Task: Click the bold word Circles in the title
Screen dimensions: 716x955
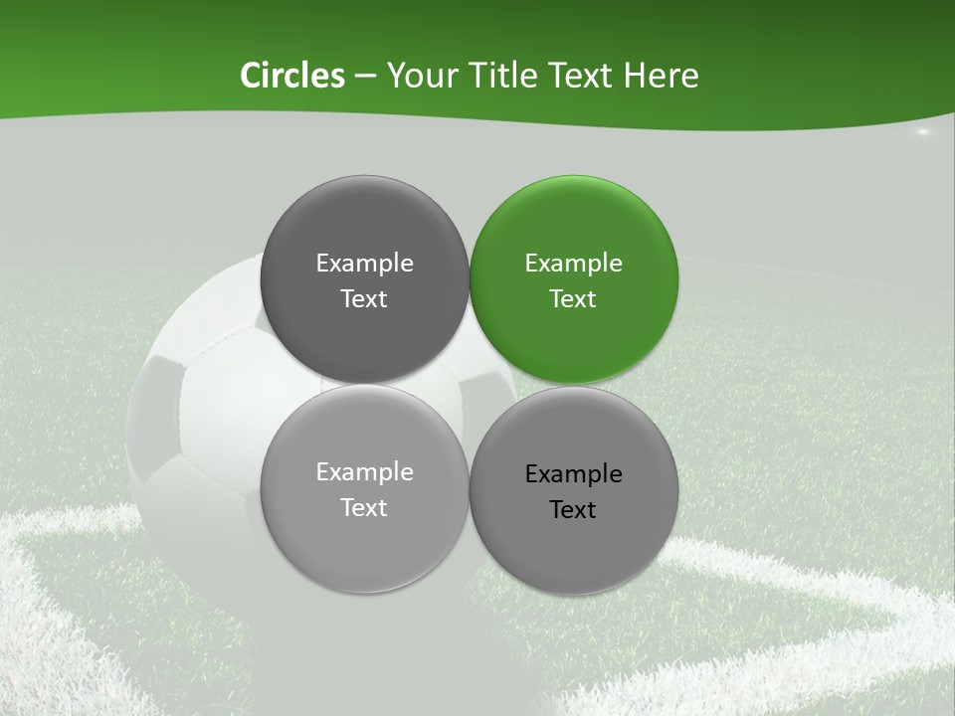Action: (x=292, y=76)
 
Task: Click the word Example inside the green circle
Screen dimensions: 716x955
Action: (x=573, y=264)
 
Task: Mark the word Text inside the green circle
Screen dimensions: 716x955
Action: (x=573, y=299)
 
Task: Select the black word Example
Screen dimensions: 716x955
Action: (x=573, y=474)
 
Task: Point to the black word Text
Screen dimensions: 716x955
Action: (x=573, y=510)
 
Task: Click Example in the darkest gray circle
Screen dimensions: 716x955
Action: (x=364, y=264)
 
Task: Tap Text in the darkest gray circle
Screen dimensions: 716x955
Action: (x=364, y=299)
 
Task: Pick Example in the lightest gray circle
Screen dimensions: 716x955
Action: (x=364, y=472)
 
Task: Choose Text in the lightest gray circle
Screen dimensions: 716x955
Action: (x=364, y=508)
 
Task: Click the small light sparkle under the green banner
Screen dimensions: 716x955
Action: (x=922, y=132)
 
